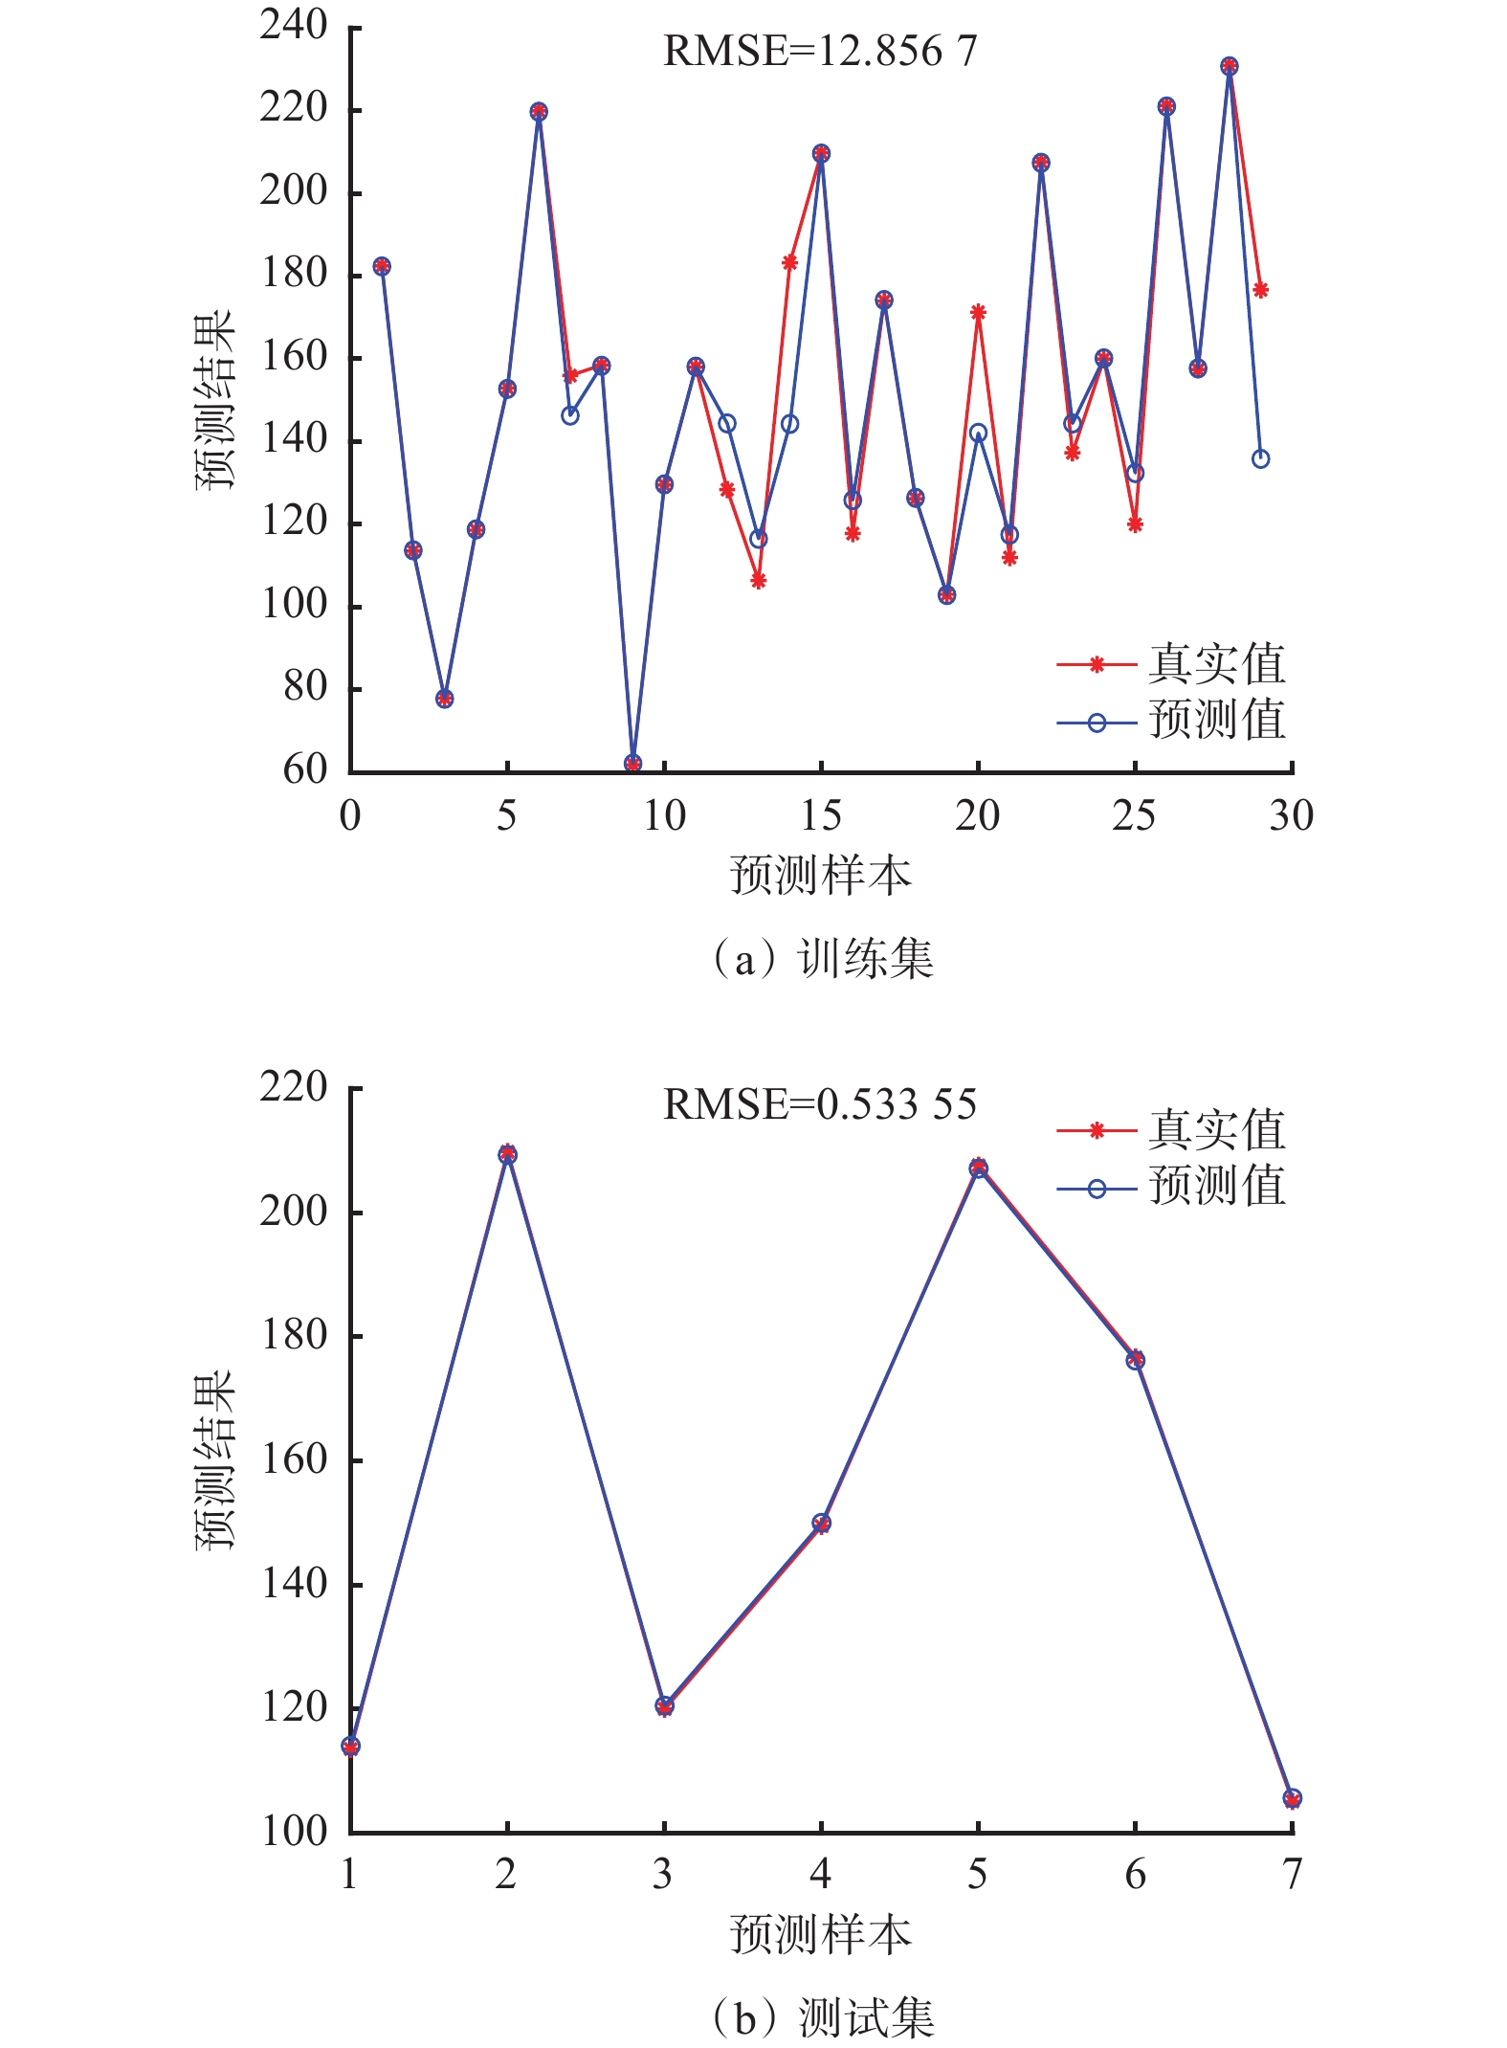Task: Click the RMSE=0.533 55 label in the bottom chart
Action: [x=820, y=1104]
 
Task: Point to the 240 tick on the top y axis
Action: [x=294, y=26]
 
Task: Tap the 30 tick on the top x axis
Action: [x=1291, y=816]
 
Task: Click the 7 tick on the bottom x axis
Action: [x=1292, y=1874]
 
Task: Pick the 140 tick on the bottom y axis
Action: [x=294, y=1584]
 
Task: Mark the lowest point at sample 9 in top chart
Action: [x=632, y=764]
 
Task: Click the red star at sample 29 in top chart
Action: [x=1260, y=290]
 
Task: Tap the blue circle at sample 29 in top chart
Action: [x=1260, y=459]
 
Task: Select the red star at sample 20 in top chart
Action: [x=978, y=313]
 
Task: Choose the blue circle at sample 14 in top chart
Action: [x=789, y=424]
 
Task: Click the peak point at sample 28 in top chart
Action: [x=1230, y=67]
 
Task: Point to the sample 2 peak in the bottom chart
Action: [x=507, y=1154]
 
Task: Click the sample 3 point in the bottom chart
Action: [x=664, y=1706]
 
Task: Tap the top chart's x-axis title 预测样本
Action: [x=820, y=875]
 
